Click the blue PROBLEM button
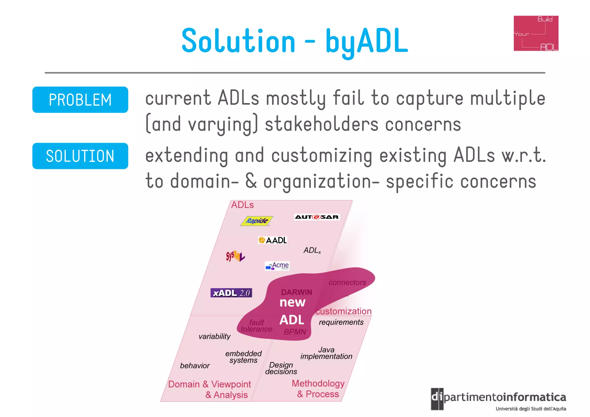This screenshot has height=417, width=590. pos(80,100)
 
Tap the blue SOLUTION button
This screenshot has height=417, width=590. pos(80,156)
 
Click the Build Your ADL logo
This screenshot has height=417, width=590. pos(536,33)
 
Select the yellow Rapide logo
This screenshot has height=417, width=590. pos(256,221)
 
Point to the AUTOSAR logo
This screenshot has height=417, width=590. pos(317,217)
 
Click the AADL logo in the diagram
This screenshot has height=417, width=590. pos(273,240)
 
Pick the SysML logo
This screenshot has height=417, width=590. pos(235,256)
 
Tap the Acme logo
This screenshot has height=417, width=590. pos(277,266)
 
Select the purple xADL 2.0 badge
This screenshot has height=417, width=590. pos(231,293)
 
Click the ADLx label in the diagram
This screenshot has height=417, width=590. pos(312,250)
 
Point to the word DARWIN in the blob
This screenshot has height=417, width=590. pos(296,292)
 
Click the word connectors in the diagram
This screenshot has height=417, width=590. pos(347,282)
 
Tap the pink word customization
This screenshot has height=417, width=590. pos(343,311)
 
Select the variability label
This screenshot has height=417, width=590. pos(214,336)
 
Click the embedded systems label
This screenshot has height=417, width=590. pos(243,357)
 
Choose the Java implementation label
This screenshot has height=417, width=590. pos(326,353)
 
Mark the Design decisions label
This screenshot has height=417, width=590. pos(281,368)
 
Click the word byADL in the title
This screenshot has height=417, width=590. pos(366,41)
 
